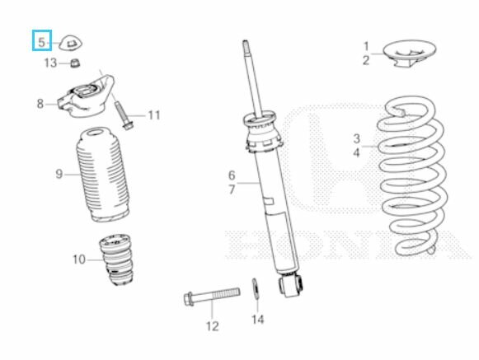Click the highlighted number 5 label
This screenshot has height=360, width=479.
tap(42, 40)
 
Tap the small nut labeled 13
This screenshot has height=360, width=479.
tap(75, 63)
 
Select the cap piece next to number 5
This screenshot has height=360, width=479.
tap(71, 44)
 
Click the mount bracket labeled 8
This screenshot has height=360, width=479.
tap(86, 97)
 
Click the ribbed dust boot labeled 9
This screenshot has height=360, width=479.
tap(102, 175)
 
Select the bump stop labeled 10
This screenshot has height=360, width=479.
tap(116, 259)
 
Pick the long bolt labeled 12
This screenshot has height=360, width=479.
tap(212, 295)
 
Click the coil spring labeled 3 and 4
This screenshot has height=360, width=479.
tap(411, 175)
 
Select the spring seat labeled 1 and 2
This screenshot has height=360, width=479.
tap(410, 54)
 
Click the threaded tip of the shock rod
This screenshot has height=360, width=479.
tap(246, 46)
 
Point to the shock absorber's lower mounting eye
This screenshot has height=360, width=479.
tap(291, 284)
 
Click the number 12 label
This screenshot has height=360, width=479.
tap(213, 326)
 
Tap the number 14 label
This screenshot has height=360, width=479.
tap(257, 320)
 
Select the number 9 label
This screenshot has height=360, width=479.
tap(59, 174)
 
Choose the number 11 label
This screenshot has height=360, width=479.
tap(154, 115)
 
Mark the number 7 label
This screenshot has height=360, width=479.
tap(232, 189)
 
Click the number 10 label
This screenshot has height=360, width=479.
tap(79, 259)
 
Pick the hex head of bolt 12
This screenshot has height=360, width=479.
tap(189, 299)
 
